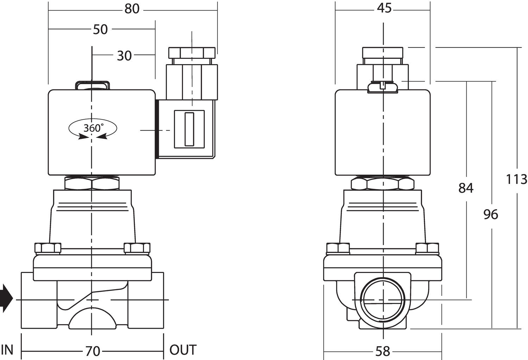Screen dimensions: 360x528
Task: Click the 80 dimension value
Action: [x=132, y=9]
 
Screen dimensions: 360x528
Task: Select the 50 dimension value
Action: [x=100, y=29]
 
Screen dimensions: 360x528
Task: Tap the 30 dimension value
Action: [x=124, y=55]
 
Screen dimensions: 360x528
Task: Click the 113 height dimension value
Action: [x=516, y=179]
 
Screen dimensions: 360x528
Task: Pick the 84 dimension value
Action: [x=466, y=188]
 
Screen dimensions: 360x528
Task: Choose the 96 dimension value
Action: [x=491, y=214]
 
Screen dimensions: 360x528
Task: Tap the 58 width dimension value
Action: [x=383, y=351]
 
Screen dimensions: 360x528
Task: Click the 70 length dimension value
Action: [x=93, y=351]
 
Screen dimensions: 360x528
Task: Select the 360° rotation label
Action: [x=93, y=128]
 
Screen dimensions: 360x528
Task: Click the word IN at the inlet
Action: [x=7, y=350]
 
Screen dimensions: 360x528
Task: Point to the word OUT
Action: [x=183, y=350]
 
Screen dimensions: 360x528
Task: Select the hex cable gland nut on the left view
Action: [x=191, y=53]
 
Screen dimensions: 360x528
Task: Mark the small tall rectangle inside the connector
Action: [x=189, y=129]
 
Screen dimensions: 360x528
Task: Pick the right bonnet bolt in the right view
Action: [x=427, y=248]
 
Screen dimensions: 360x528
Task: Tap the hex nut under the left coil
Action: [x=92, y=184]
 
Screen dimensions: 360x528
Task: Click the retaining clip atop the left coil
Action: [x=92, y=85]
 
